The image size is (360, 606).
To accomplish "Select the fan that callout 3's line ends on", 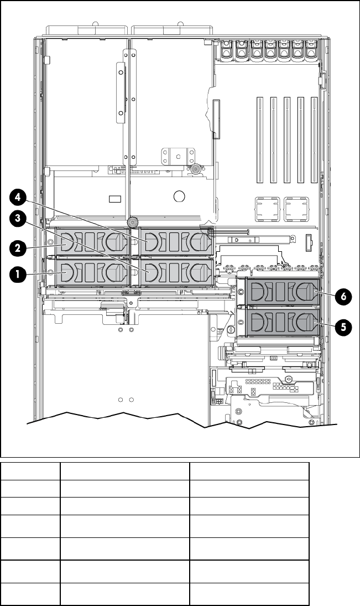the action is click(176, 272).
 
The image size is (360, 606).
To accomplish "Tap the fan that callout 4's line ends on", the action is click(176, 242).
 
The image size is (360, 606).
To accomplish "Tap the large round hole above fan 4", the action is click(179, 196).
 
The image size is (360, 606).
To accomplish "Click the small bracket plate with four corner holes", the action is click(177, 156).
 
